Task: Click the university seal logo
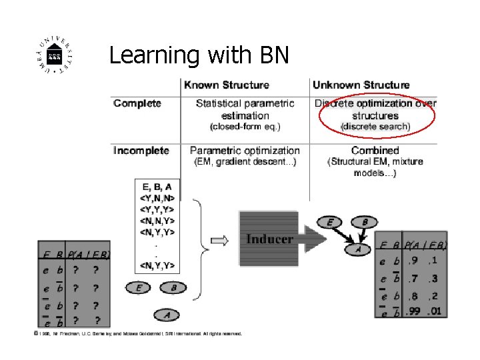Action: coord(55,56)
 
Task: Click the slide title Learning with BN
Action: coord(199,55)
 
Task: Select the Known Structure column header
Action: coord(227,85)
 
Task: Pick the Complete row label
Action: coord(137,103)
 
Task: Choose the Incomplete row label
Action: coord(141,151)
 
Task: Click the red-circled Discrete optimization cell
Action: coord(375,115)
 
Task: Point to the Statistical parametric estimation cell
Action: coord(245,115)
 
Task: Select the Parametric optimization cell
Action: coord(245,156)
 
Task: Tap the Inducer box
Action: coord(270,239)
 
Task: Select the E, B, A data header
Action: coord(157,187)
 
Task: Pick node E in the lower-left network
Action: coord(139,288)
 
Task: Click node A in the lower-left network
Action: coord(167,313)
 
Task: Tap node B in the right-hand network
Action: coord(365,222)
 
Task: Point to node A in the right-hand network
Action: coord(358,249)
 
